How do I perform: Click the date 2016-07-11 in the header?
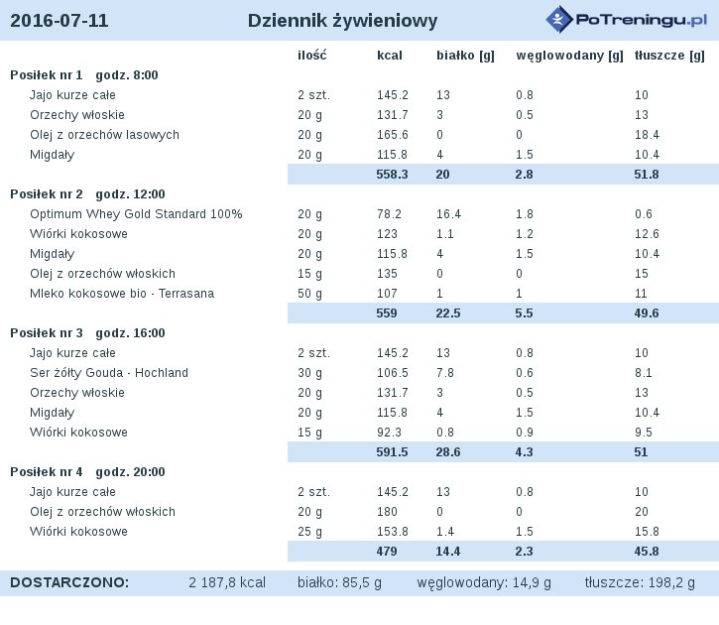(60, 21)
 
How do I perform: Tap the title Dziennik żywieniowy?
(342, 21)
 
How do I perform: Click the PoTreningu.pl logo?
(627, 20)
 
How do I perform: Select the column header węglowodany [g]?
(569, 56)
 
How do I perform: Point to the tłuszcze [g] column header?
(669, 56)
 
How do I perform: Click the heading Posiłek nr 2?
(47, 194)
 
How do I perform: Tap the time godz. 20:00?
(130, 472)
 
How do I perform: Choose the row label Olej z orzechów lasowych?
(104, 135)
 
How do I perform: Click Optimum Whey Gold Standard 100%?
(136, 214)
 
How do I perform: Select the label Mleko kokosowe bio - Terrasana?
(122, 294)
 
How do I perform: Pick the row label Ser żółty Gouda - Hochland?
(109, 373)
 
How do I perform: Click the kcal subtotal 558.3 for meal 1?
(392, 175)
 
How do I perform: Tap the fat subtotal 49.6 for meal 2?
(647, 313)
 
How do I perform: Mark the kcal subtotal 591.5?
(392, 452)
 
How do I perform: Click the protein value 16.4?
(448, 214)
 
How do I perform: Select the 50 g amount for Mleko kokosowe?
(310, 294)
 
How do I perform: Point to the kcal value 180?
(387, 512)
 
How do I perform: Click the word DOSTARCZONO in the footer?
(69, 582)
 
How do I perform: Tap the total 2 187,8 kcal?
(227, 582)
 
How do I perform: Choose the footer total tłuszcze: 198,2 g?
(640, 582)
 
